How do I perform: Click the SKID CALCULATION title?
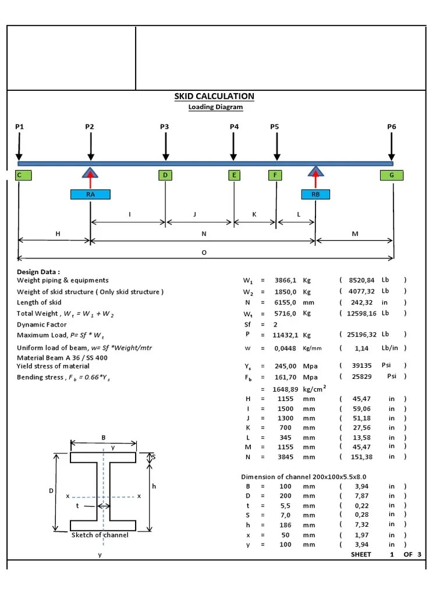coord(214,96)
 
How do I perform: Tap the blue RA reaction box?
coord(90,194)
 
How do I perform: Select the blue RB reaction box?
coord(315,194)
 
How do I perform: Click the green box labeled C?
coord(20,175)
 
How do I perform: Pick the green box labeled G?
coord(391,175)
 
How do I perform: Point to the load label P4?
coord(234,126)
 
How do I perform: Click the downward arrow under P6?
coord(392,145)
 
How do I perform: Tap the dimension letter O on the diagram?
coord(204,252)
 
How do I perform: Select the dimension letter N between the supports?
coord(204,233)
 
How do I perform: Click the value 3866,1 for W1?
coord(286,280)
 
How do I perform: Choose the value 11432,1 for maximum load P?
coord(285,335)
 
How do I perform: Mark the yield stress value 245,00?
coord(286,366)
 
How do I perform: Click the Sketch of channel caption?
coord(100,535)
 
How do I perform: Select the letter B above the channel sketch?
coord(104,437)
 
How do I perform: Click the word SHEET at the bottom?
coord(361,554)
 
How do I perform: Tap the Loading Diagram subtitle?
coord(215,107)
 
